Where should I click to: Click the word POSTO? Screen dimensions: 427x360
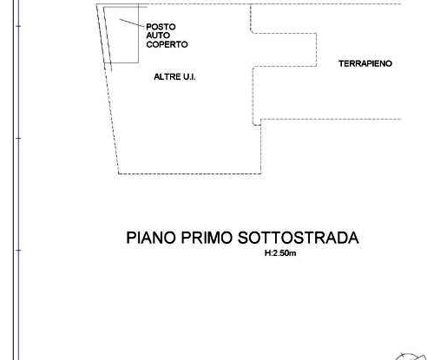[161, 27]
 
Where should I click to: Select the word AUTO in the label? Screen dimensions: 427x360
[158, 36]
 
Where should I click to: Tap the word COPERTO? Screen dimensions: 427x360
[167, 44]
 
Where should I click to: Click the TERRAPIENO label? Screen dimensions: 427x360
[365, 63]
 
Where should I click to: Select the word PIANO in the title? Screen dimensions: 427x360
[151, 238]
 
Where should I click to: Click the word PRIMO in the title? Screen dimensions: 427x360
[207, 238]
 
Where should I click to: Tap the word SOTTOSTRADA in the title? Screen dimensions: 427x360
[299, 238]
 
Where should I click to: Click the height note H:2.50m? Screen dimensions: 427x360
[280, 253]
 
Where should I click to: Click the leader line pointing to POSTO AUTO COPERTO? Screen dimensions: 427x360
[132, 23]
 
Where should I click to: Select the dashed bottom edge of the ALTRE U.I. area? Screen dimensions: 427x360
[190, 173]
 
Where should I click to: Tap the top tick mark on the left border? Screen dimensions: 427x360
[18, 26]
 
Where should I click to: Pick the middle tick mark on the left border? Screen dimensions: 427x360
[18, 138]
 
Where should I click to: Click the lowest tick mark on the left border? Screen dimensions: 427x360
[18, 250]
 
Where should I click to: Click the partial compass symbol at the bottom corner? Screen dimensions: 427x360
[411, 357]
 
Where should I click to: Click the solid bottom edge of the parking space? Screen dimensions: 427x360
[122, 62]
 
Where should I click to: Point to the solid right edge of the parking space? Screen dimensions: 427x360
[139, 33]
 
